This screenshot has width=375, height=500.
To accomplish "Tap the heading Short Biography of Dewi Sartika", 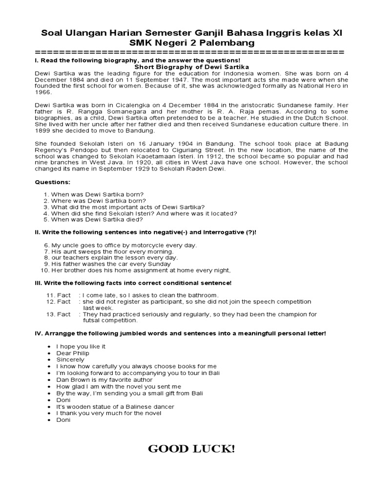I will (x=191, y=66).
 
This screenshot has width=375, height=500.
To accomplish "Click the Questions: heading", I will (x=53, y=182).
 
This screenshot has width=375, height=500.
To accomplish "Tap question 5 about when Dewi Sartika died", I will (x=97, y=219).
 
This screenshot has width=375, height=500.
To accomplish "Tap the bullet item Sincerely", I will (x=70, y=359).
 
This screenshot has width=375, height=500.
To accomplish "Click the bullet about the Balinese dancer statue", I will (x=115, y=406).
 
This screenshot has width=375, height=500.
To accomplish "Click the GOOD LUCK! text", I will (x=191, y=449).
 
